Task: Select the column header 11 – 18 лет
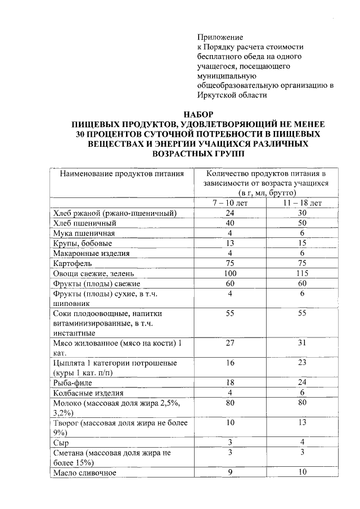(302, 203)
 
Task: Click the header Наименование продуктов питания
(122, 174)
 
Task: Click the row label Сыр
(61, 443)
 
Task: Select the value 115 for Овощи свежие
(302, 273)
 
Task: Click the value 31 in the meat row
(302, 343)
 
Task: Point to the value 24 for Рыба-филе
(302, 383)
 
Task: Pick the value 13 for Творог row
(302, 422)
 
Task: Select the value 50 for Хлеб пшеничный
(302, 223)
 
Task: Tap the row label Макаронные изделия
(91, 253)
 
